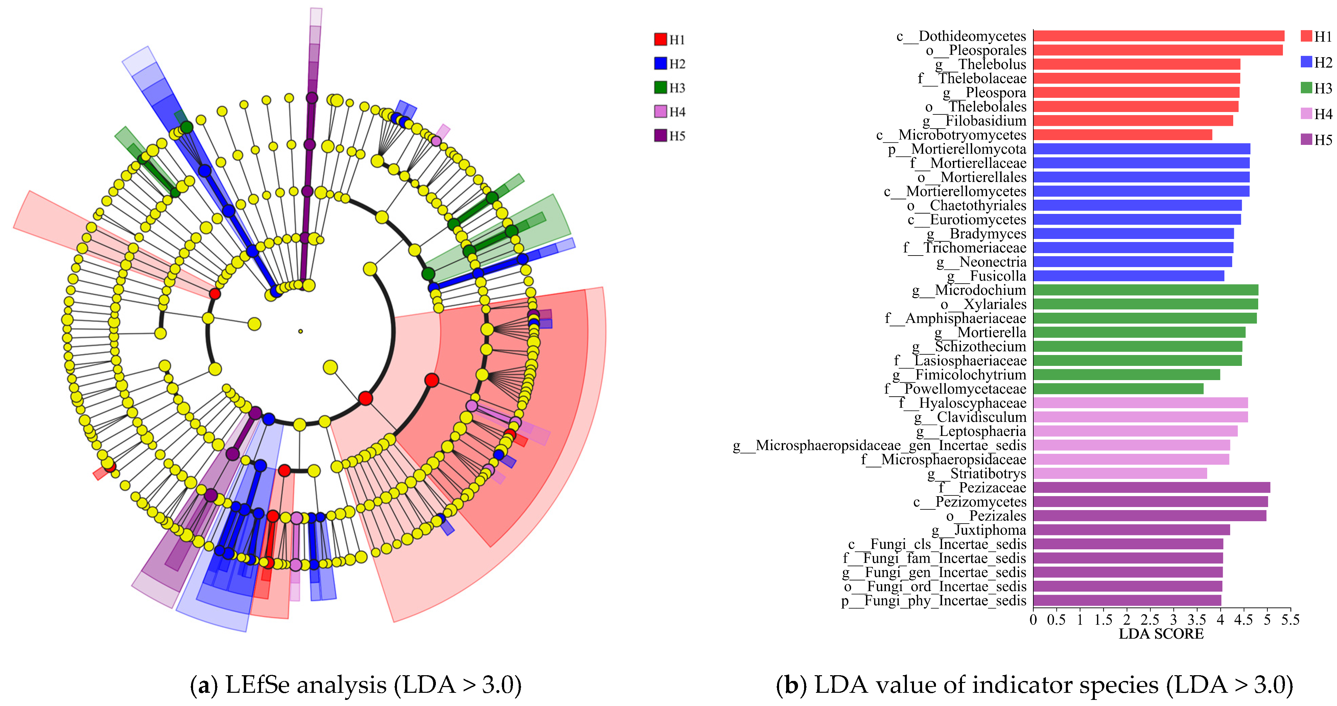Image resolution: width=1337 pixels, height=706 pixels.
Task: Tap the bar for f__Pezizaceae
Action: coord(1151,487)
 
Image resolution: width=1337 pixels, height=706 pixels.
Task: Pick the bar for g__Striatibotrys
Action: coord(1120,473)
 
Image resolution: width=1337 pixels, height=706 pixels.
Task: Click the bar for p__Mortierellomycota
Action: coord(1141,149)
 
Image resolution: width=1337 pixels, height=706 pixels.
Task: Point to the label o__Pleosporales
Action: coord(976,50)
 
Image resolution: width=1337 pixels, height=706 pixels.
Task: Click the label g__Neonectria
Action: coord(981,262)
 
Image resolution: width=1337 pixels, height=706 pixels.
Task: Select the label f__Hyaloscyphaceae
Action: coord(962,403)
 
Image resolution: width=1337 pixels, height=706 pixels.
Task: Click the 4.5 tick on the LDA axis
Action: coord(1244,620)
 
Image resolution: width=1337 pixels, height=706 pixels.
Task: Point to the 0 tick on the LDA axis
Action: coord(1033,620)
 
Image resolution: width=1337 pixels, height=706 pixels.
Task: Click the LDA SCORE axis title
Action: coord(1161,634)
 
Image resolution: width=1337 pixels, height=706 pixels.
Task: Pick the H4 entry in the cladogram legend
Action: coord(670,112)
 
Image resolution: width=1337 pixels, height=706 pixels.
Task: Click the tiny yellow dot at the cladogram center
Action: coord(301,331)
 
